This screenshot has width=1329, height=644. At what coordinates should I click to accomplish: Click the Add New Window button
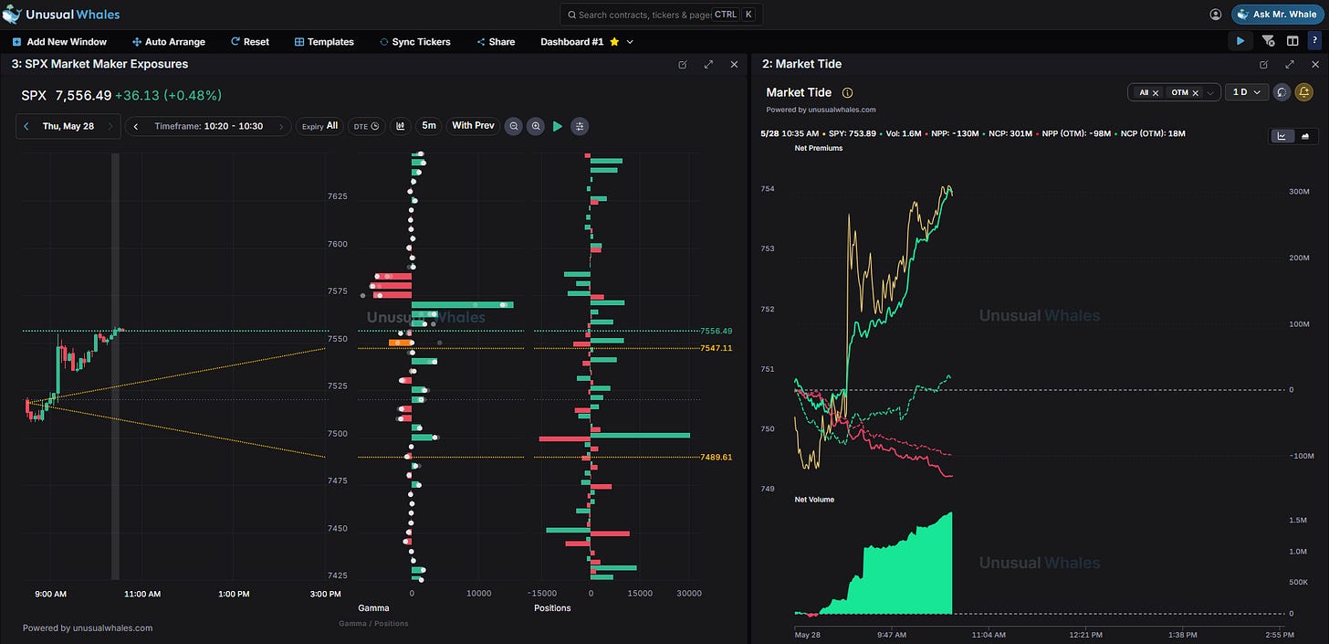59,41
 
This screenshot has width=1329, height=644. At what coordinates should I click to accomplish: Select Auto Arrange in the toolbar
169,41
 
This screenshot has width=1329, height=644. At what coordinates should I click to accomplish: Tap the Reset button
250,41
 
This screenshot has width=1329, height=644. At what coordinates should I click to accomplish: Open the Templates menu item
324,41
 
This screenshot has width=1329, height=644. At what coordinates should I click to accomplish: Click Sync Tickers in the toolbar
414,41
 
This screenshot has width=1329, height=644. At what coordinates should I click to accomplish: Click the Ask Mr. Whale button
1277,15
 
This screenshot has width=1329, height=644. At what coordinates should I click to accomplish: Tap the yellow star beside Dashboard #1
614,41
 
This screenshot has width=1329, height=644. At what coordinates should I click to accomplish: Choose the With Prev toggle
473,126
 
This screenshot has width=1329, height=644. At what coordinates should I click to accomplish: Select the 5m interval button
428,126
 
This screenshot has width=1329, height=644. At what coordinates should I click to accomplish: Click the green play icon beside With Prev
558,126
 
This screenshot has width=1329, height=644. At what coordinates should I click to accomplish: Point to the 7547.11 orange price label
717,348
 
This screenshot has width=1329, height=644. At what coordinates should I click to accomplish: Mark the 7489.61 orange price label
717,457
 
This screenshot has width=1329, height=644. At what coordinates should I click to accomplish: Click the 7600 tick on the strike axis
337,244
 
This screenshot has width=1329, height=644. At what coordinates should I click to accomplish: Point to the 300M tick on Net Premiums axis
1299,192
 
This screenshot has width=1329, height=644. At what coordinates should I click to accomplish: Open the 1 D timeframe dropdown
1247,92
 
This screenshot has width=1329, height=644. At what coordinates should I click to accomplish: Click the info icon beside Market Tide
847,92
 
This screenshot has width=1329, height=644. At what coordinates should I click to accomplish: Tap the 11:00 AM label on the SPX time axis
142,594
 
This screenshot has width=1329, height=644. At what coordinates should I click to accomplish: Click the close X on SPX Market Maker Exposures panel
734,64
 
